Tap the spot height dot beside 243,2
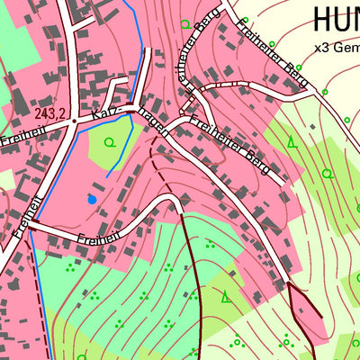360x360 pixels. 74,121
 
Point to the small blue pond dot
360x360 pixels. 91,197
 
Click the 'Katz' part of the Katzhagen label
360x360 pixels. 106,116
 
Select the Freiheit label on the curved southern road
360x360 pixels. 99,240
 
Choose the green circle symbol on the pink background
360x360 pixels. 185,24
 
